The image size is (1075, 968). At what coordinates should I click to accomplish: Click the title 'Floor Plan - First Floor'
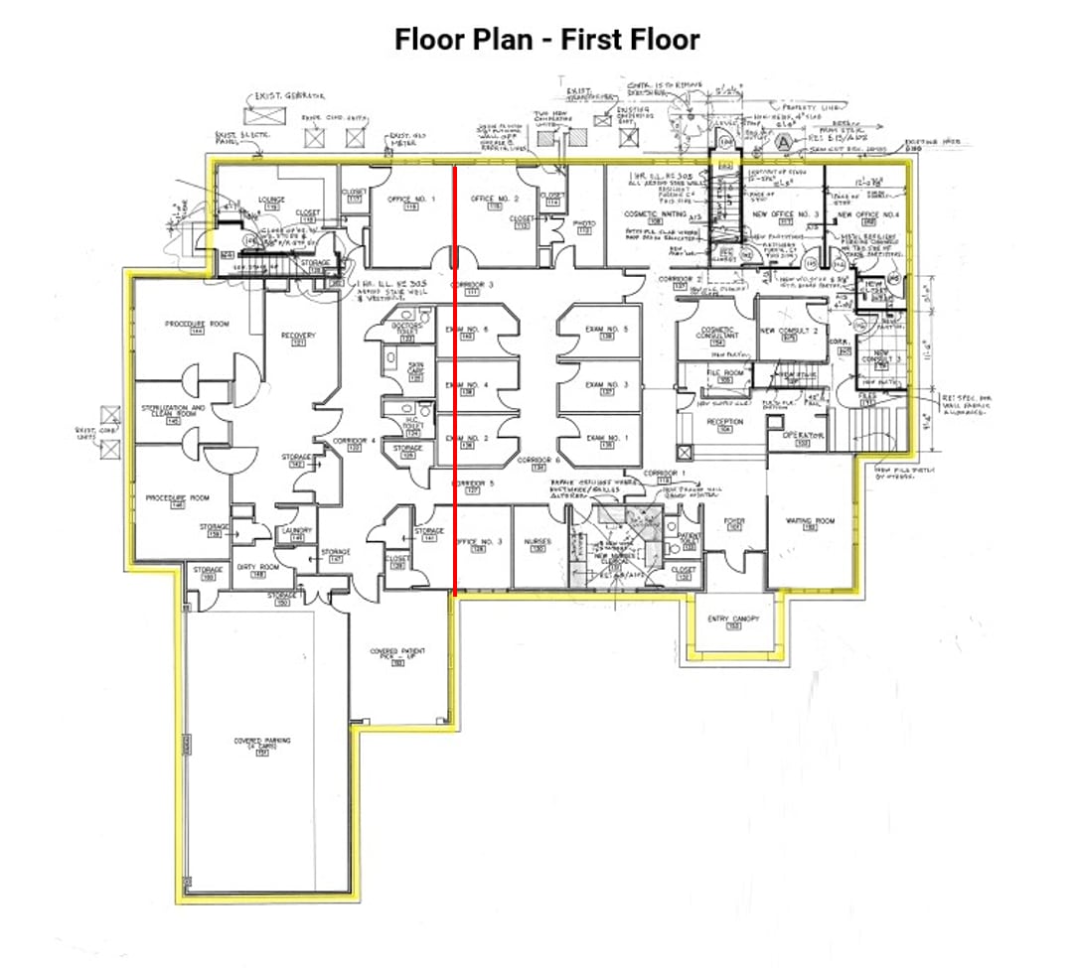pos(546,40)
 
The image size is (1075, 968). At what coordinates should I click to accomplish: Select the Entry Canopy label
pos(733,620)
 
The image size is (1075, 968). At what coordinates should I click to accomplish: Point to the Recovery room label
pos(298,336)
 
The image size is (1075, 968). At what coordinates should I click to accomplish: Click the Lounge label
pos(271,200)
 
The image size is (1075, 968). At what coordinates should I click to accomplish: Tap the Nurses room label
pos(537,542)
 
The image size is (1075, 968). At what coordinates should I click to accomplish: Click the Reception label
pos(725,422)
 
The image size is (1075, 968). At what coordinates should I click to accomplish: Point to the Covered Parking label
pos(262,743)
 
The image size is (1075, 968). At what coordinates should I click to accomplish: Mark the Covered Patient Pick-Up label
pos(397,654)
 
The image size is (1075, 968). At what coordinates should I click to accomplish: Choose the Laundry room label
pos(296,531)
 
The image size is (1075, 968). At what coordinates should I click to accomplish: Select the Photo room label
pos(585,224)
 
